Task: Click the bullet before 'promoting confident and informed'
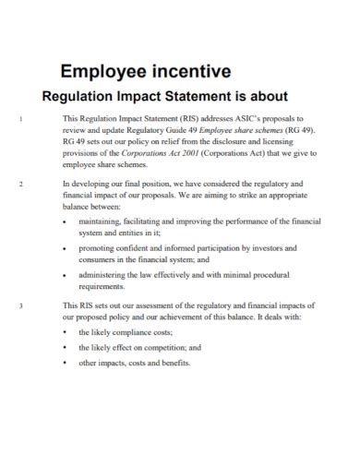coord(64,249)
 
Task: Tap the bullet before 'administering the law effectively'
coord(64,275)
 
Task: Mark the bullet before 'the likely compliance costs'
coord(64,331)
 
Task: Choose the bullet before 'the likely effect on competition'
coord(64,347)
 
